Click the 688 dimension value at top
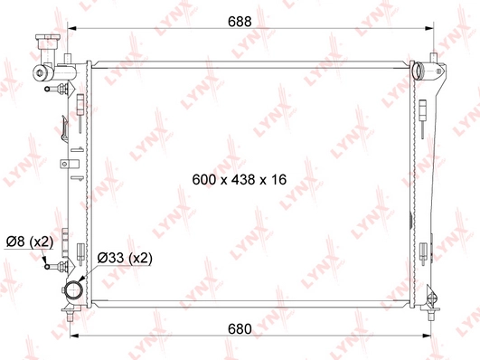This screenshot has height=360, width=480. pos(238,20)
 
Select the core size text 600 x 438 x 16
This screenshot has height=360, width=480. pos(240,180)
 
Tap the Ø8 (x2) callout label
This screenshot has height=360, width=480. pos(29,242)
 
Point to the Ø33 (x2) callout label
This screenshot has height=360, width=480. pos(124,257)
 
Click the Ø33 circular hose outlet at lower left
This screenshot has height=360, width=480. pos(72,291)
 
